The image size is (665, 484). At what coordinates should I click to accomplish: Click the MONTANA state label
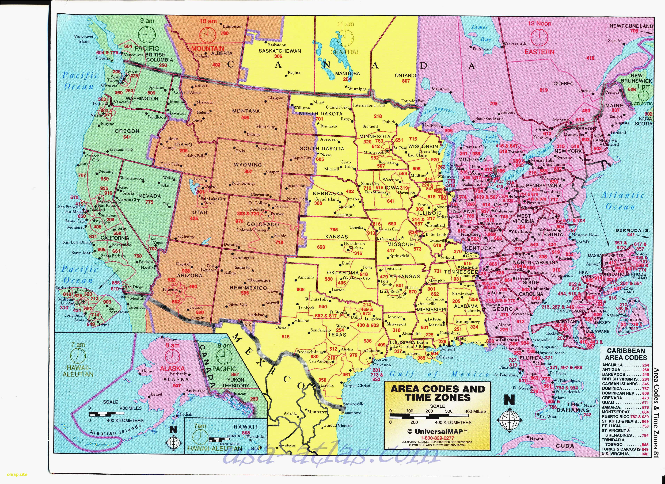tap(246, 111)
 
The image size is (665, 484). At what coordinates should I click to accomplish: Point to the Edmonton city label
tap(233, 26)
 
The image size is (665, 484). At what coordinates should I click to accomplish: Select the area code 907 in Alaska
tap(177, 386)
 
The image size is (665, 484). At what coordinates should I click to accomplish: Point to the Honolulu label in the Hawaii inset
tap(255, 437)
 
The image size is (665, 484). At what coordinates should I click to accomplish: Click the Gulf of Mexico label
tap(439, 374)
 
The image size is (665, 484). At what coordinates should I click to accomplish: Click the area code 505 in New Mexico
tap(245, 293)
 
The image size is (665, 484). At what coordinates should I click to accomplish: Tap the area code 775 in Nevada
tap(149, 202)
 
